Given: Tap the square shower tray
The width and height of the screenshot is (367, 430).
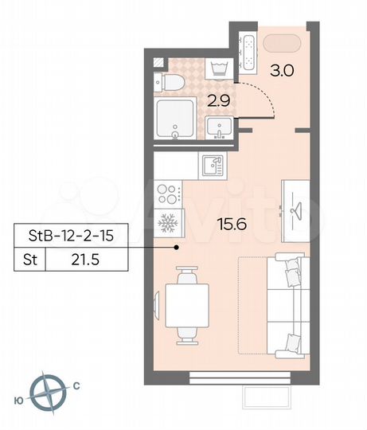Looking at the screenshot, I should coord(175,119).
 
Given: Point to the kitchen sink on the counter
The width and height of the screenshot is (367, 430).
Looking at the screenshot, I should coord(212,165).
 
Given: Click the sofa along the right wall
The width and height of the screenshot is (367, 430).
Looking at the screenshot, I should coord(285,304).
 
